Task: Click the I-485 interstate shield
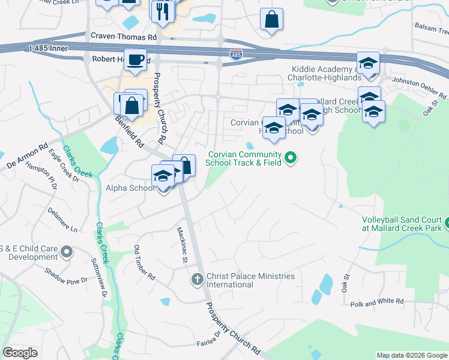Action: (236, 55)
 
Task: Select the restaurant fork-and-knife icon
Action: (163, 11)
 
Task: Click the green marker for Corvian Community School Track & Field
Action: (291, 158)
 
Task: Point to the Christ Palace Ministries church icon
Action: (197, 279)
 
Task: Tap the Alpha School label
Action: (129, 188)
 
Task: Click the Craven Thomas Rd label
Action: (123, 37)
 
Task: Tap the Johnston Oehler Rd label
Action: (420, 88)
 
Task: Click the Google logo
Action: (20, 353)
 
